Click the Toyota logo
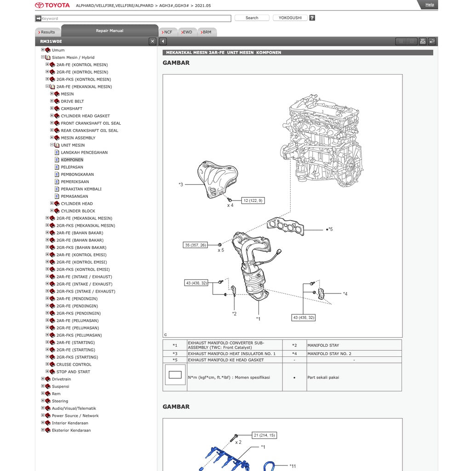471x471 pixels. coord(52,5)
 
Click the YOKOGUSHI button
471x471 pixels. coord(290,18)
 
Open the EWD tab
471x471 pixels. coord(186,32)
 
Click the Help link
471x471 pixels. coord(429,5)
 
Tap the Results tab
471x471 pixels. coord(47,32)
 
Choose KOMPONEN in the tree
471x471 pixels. coord(72,160)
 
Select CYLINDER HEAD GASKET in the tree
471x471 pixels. coord(85,116)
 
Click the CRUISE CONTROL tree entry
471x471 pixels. coord(74,365)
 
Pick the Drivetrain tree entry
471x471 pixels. coord(61,379)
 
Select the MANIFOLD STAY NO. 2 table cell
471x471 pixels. coord(329,354)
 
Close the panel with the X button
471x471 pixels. coord(153,41)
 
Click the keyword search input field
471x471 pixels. coord(136,18)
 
